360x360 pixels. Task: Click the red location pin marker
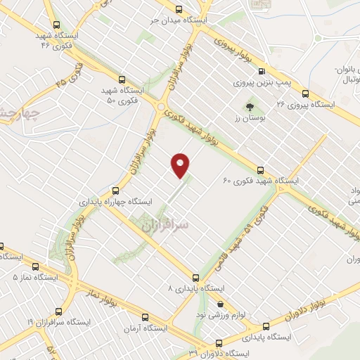point(181,165)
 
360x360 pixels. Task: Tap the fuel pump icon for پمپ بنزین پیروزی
point(262,71)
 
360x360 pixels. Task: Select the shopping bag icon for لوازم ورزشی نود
point(221,304)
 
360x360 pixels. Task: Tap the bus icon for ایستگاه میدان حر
point(177,10)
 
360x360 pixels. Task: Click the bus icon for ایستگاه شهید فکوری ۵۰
point(123,79)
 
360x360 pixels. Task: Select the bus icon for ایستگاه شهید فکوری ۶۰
point(261,169)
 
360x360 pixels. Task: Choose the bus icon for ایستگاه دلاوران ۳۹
point(218,344)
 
